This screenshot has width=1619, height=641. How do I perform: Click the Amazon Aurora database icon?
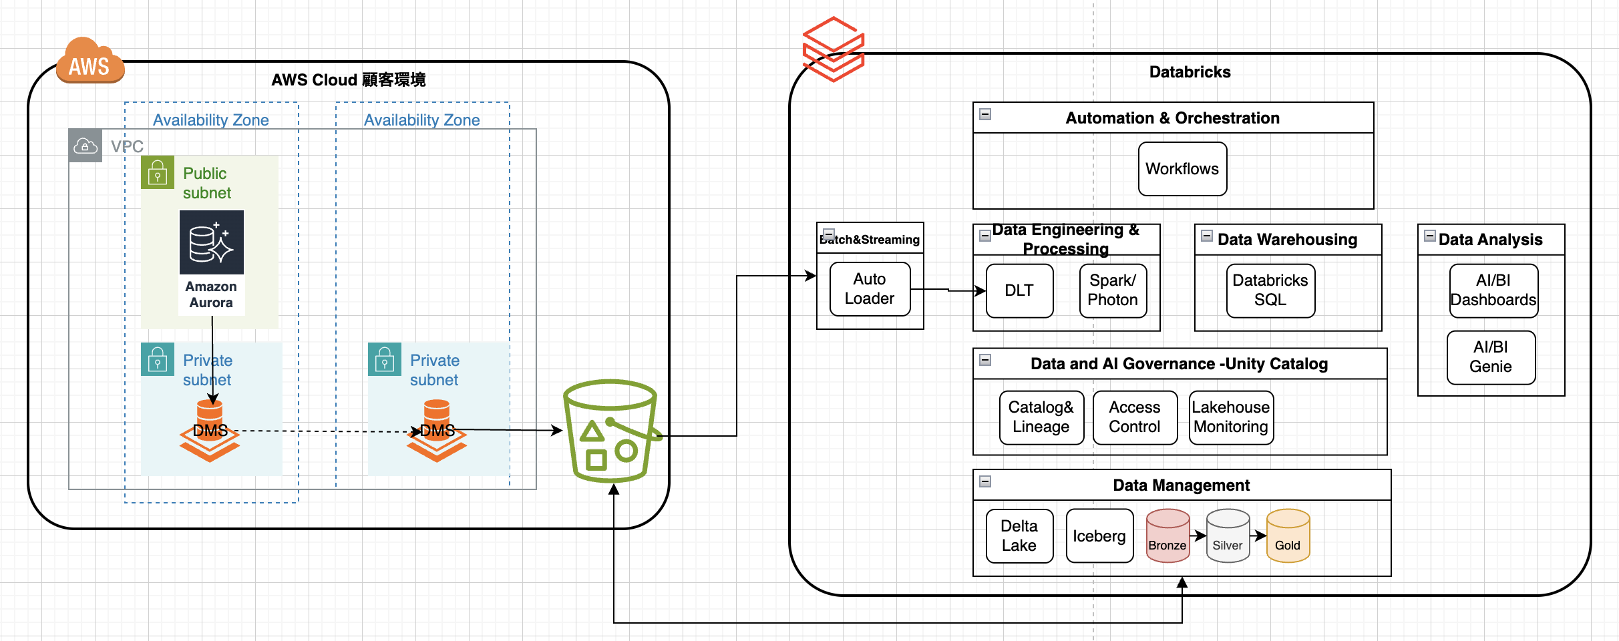211,242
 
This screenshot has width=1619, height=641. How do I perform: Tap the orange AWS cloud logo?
90,62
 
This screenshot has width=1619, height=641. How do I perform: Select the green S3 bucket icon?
610,431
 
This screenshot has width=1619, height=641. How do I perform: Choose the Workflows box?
1182,169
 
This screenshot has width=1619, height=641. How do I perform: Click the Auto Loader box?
870,289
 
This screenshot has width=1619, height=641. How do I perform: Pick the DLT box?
1019,290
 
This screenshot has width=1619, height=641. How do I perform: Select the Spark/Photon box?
1113,290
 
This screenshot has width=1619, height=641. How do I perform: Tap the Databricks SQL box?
1270,290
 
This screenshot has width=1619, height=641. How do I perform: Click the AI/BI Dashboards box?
1493,290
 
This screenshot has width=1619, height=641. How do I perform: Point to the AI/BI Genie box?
1491,357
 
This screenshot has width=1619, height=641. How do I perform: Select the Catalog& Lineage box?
1041,417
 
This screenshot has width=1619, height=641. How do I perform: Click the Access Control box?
1135,417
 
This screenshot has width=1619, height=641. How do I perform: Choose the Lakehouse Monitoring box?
1231,417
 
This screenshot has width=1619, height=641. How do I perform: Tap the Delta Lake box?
1019,536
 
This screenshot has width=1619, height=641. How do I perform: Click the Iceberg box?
1099,536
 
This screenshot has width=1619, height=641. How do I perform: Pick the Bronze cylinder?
1167,536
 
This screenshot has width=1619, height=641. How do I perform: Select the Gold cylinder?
1288,536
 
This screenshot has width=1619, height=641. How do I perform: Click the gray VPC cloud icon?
85,146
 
